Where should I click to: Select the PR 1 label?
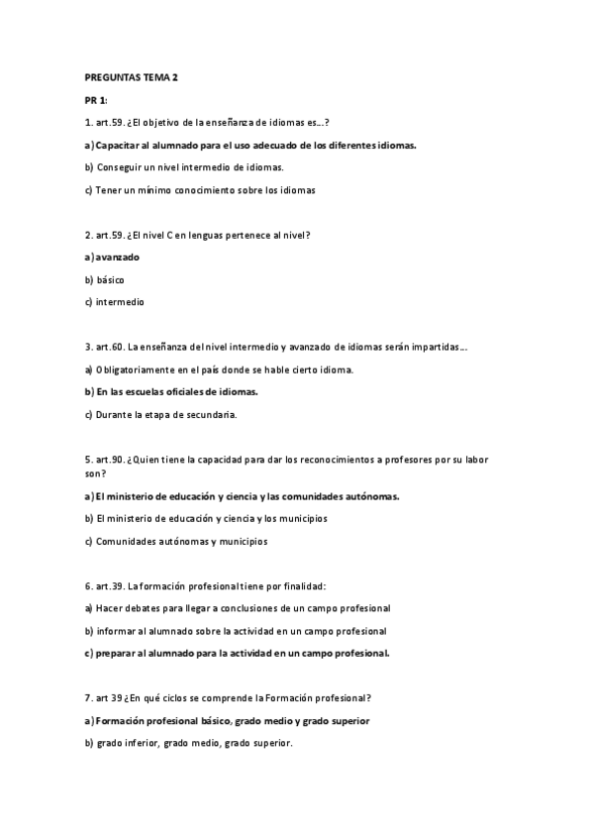(96, 101)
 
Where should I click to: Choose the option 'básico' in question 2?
(110, 280)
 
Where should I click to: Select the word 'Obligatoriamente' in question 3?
(133, 369)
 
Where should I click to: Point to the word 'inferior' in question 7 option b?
(147, 743)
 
